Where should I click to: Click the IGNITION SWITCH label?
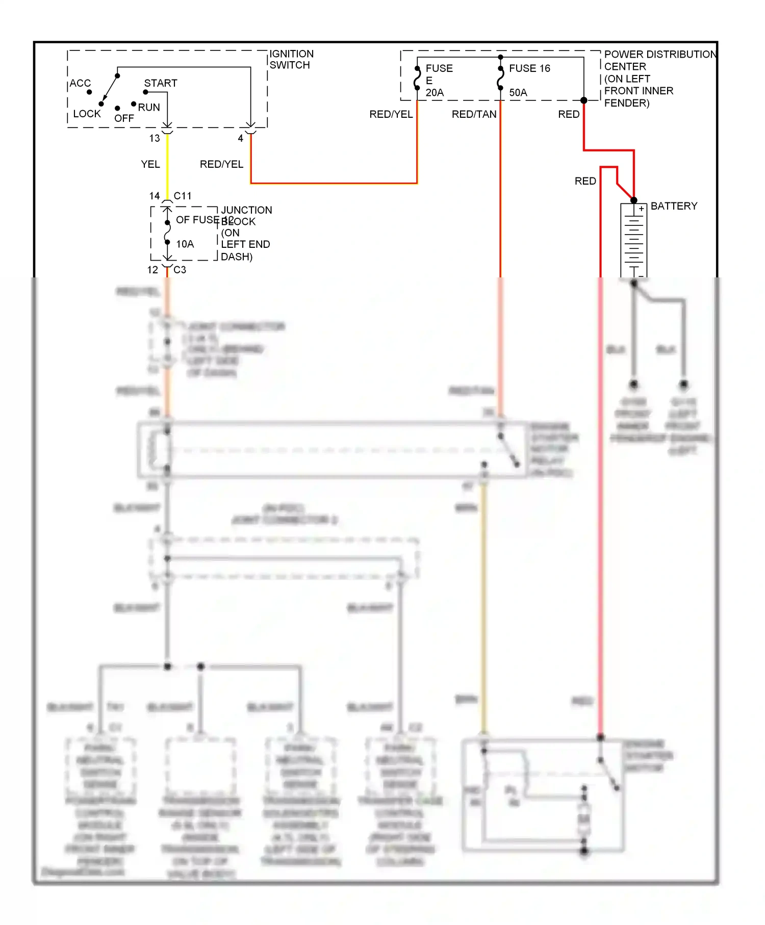coord(291,59)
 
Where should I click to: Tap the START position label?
coord(161,83)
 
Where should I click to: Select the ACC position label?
coord(80,83)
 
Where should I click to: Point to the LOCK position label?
coord(87,114)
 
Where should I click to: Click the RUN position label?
coord(149,108)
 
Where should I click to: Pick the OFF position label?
coord(124,118)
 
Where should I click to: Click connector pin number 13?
coord(155,138)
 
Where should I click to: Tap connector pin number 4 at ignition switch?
coord(241,138)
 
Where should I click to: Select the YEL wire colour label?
coord(150,164)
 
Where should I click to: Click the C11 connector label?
coord(183,196)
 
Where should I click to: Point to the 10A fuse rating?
coord(185,244)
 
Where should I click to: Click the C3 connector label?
coord(180,270)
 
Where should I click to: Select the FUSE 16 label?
coord(529,68)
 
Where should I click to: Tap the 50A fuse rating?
coord(518,93)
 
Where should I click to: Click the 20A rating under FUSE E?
coord(435,93)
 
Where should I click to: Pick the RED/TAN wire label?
coord(474,114)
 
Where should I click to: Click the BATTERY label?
coord(674,206)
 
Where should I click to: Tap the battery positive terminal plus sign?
coord(641,209)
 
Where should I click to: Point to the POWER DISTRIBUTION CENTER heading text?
coord(660,55)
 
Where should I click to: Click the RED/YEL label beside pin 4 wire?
coord(221,164)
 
